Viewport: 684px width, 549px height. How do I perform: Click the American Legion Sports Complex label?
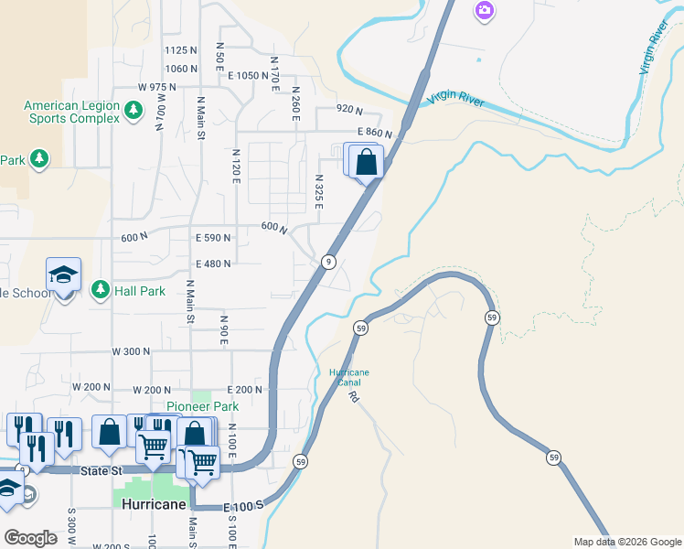pos(71,112)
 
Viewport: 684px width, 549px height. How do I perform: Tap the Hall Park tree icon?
pos(101,290)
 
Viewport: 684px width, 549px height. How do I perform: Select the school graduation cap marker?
pos(64,274)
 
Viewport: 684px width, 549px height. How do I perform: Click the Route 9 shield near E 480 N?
pos(327,263)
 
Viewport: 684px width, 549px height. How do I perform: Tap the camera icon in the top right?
pos(484,10)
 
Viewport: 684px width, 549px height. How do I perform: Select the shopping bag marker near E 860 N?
pos(366,163)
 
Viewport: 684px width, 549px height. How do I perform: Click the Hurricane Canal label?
pos(349,377)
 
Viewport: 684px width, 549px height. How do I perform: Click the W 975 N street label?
pos(156,87)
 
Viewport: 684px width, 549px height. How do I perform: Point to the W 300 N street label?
pos(131,351)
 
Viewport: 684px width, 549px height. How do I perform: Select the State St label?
pos(102,470)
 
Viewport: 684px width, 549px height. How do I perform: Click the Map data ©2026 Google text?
pos(626,542)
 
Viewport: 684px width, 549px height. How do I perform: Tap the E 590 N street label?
pos(213,237)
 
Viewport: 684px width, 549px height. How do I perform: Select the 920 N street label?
pos(349,108)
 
